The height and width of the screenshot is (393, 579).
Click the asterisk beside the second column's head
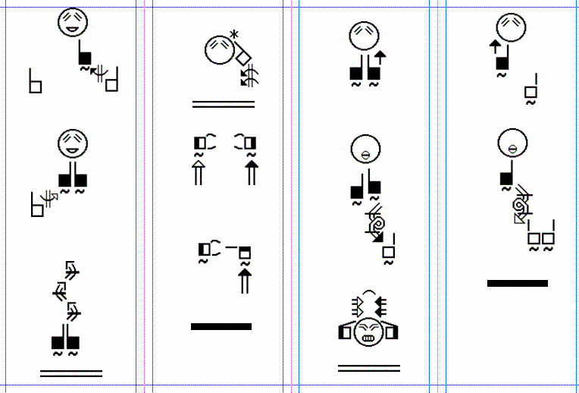pos(234,35)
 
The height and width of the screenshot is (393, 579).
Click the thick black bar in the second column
pos(221,326)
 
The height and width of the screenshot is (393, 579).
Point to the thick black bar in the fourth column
pos(518,283)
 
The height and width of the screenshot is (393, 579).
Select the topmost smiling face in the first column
pos(73,22)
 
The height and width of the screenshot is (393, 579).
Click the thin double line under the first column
pos(71,373)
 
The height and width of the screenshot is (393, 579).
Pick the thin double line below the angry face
pos(369,368)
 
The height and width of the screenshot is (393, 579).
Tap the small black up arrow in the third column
pos(380,58)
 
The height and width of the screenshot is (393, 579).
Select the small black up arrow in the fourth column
pos(495,47)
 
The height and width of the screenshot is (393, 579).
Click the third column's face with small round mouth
pos(365,149)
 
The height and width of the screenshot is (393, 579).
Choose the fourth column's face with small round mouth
pos(512,143)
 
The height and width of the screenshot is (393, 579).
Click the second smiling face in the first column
pos(73,143)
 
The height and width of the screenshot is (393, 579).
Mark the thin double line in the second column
pos(224,104)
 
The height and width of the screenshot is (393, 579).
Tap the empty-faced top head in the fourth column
pos(512,28)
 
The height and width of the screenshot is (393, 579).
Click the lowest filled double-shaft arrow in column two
pos(245,281)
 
